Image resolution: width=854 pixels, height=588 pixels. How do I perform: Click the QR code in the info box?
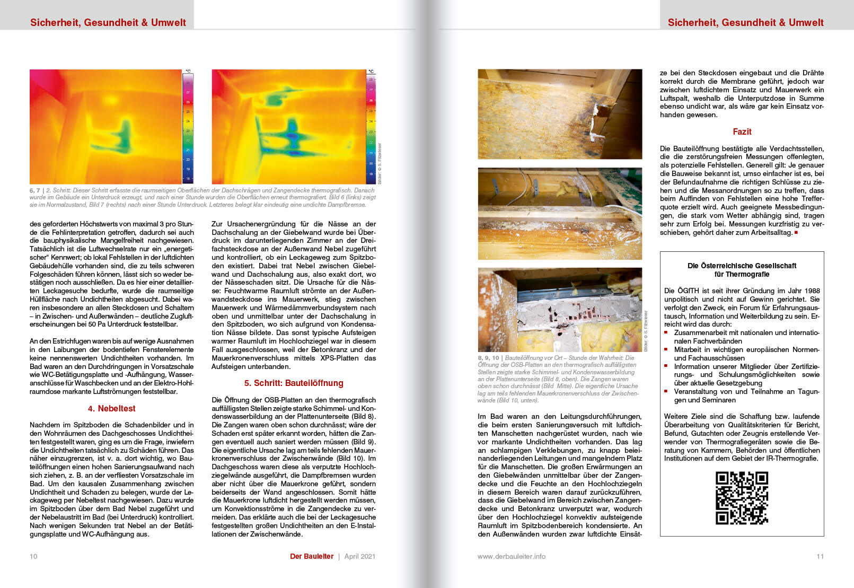point(742,498)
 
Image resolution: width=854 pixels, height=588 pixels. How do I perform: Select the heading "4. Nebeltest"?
point(111,408)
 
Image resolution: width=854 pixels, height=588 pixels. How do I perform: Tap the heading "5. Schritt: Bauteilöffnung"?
point(293,383)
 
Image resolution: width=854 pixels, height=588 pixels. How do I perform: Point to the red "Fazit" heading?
point(742,131)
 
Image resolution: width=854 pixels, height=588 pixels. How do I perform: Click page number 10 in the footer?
point(33,556)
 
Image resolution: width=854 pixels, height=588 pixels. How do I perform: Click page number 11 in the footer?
point(820,556)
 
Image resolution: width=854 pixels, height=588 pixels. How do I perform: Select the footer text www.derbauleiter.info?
point(511,556)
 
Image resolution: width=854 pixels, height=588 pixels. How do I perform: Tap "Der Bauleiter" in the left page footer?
point(312,556)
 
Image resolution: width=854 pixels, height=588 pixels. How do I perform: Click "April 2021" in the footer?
point(359,556)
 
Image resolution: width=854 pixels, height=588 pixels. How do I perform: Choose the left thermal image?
point(105,127)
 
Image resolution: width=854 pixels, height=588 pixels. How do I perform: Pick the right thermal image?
point(288,127)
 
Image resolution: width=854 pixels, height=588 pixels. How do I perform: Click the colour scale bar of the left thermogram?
point(188,127)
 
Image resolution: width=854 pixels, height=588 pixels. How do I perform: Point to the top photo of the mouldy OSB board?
point(560,114)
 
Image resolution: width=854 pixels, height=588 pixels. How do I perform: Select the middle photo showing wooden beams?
point(560,214)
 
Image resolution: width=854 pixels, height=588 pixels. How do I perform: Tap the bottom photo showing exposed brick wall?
point(560,310)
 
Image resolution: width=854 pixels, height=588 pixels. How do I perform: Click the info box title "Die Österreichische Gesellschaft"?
point(742,266)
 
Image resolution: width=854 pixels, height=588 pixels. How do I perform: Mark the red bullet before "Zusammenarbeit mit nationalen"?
point(666,332)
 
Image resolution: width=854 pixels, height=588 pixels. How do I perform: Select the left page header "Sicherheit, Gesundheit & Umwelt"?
point(108,22)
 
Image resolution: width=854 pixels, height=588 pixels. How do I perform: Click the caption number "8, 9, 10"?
point(488,358)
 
